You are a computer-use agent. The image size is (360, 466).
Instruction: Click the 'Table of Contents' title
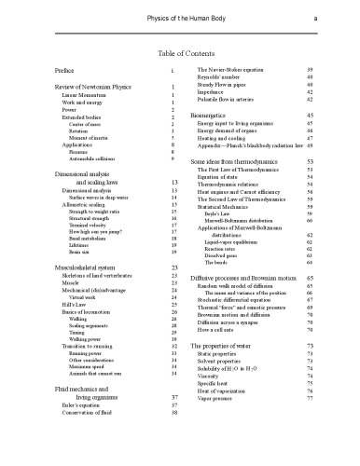[x=179, y=52]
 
